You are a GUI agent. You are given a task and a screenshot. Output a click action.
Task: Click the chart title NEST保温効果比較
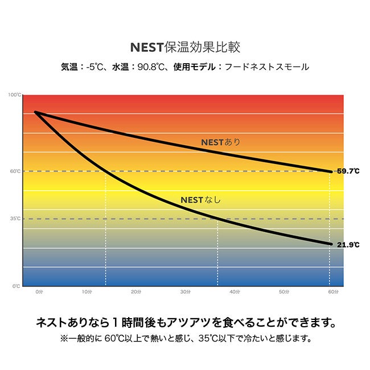tap(185, 46)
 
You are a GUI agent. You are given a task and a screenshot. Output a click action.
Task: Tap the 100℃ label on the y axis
tap(15, 95)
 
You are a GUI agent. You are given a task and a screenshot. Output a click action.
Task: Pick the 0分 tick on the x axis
tap(39, 292)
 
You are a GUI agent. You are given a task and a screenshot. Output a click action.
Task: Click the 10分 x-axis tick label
tap(87, 292)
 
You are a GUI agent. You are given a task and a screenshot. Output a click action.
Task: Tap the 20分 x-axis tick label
tap(136, 292)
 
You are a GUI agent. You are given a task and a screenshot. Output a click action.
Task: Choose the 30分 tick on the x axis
tap(185, 292)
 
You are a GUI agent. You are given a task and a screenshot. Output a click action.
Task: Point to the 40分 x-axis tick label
tap(234, 292)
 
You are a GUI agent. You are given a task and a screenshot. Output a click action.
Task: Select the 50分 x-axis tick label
tap(283, 292)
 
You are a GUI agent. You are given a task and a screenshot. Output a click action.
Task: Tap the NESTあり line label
tap(221, 142)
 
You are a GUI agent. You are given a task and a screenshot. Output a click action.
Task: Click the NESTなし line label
tap(200, 200)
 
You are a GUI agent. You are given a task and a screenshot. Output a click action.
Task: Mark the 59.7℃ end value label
tap(348, 171)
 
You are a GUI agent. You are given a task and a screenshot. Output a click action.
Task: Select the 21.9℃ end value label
tap(348, 245)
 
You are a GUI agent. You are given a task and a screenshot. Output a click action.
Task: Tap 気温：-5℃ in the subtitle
tap(83, 67)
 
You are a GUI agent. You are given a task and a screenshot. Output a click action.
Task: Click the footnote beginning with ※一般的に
tap(185, 338)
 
